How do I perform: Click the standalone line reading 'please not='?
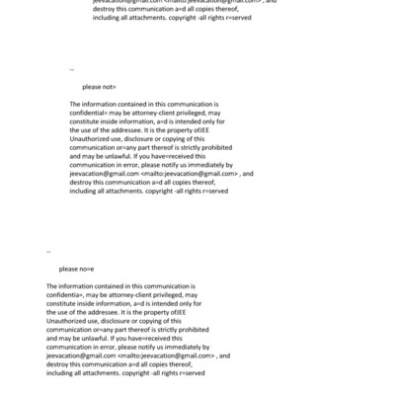[x=99, y=87]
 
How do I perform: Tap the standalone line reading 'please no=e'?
[x=76, y=269]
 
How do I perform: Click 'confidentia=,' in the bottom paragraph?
[x=67, y=294]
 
